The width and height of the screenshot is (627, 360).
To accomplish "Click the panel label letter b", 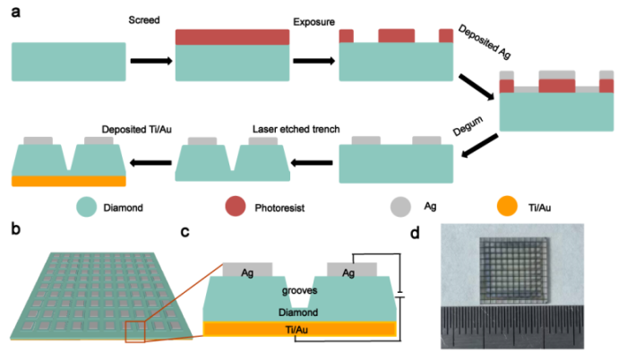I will coord(14,227).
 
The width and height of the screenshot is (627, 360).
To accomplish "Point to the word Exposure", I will coord(313,19).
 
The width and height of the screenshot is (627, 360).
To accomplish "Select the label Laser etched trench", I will coord(293,129).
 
